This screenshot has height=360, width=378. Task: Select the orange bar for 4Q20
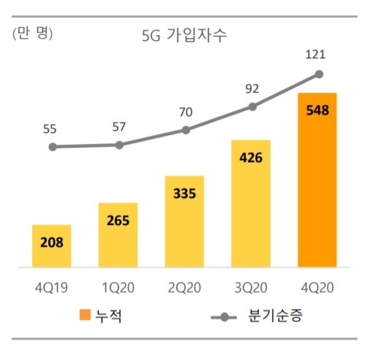[317, 180]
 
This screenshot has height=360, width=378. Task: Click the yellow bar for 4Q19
[52, 245]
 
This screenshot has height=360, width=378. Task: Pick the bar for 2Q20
[185, 221]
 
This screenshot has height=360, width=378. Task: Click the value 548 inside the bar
[317, 111]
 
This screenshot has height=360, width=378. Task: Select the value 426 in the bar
[252, 158]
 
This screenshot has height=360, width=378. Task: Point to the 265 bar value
[118, 221]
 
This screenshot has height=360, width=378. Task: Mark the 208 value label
[52, 242]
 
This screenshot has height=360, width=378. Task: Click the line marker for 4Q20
[318, 74]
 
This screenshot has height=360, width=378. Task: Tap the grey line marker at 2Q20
[186, 130]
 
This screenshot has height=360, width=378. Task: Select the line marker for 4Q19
[53, 147]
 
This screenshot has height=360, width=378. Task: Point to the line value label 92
[252, 89]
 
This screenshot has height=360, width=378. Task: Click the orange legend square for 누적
[86, 316]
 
